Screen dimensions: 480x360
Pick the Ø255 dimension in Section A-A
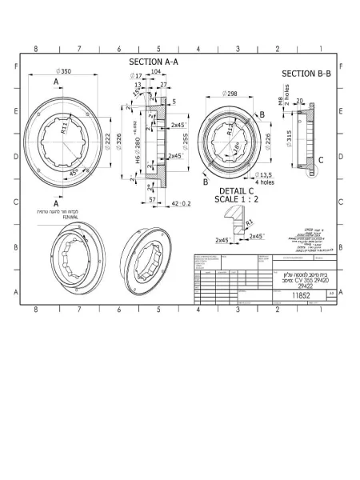[x=185, y=141]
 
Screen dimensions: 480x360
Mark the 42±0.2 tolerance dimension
[x=181, y=204]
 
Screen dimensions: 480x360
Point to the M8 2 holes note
[x=282, y=103]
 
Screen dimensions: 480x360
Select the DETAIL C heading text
[x=236, y=190]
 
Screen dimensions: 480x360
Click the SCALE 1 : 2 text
[x=236, y=199]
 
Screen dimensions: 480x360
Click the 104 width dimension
[x=154, y=72]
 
